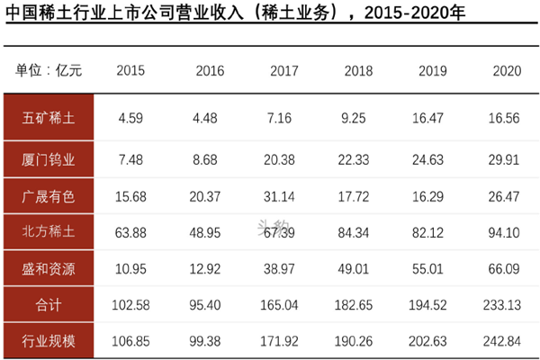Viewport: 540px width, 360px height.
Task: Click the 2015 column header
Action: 130,71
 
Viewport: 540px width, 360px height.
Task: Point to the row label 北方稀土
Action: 49,231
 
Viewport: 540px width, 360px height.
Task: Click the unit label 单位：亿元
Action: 49,71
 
